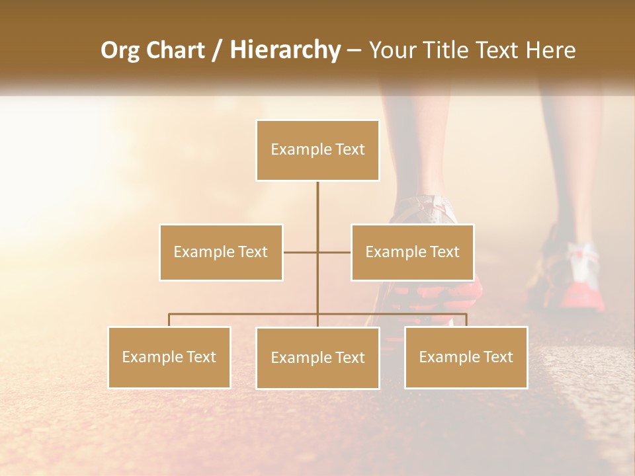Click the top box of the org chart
pyautogui.click(x=317, y=150)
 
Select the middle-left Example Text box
pyautogui.click(x=221, y=252)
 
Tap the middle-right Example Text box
pyautogui.click(x=412, y=252)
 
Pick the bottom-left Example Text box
pyautogui.click(x=169, y=357)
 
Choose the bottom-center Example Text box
pyautogui.click(x=317, y=358)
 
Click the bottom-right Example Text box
pyautogui.click(x=466, y=357)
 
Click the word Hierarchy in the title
pyautogui.click(x=285, y=50)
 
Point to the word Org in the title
pyautogui.click(x=120, y=50)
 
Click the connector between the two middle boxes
pyautogui.click(x=334, y=252)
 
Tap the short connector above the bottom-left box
pyautogui.click(x=169, y=320)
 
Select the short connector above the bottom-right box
pyautogui.click(x=466, y=320)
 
